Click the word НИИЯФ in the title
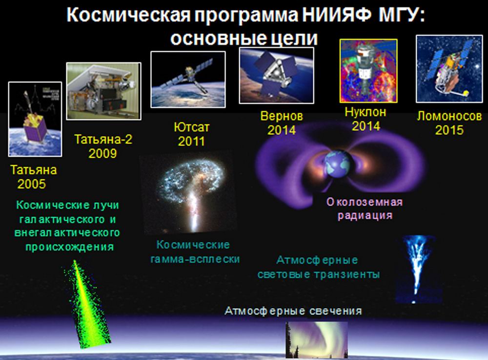337,15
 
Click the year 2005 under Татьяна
32,184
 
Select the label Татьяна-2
103,139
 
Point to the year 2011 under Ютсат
191,141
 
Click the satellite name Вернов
282,116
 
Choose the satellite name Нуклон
366,112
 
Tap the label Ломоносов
449,116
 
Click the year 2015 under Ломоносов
449,130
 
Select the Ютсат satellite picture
188,80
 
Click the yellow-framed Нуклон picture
368,71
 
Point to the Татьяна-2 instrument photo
103,91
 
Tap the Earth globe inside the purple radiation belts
338,164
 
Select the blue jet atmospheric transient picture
418,269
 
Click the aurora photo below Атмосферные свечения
317,340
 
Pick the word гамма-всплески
195,259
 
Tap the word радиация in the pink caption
365,215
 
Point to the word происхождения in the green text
69,247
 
